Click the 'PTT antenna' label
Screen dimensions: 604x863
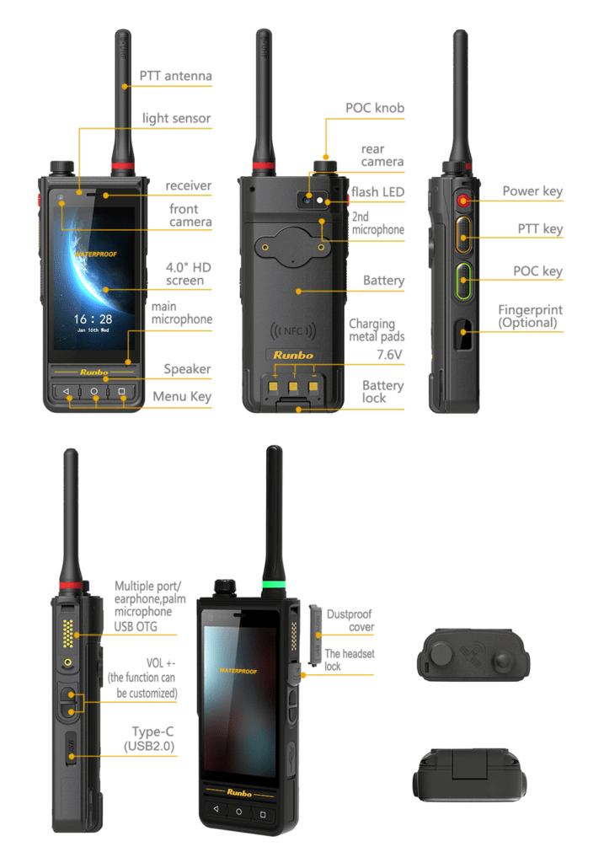(175, 76)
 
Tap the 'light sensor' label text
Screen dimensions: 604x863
(177, 118)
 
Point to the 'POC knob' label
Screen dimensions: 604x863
(375, 108)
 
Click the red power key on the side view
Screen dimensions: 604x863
(463, 201)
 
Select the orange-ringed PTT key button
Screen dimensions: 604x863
(463, 235)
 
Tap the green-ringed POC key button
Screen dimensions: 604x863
(463, 281)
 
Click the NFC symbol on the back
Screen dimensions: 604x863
(293, 330)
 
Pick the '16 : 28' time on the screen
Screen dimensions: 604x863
(93, 319)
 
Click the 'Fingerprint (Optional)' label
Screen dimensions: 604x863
(530, 317)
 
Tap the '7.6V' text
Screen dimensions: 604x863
(389, 355)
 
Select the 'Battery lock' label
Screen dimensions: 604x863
(382, 392)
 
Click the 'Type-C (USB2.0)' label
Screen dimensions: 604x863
(149, 738)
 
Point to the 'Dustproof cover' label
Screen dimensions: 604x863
(350, 620)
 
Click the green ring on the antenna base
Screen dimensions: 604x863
(274, 585)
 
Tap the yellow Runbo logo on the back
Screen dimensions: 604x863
(293, 356)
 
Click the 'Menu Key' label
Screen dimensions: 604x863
(182, 396)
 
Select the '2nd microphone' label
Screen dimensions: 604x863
(378, 223)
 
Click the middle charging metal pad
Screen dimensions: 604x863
(293, 386)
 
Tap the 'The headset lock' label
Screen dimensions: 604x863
(350, 660)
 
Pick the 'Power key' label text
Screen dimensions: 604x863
(532, 191)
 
